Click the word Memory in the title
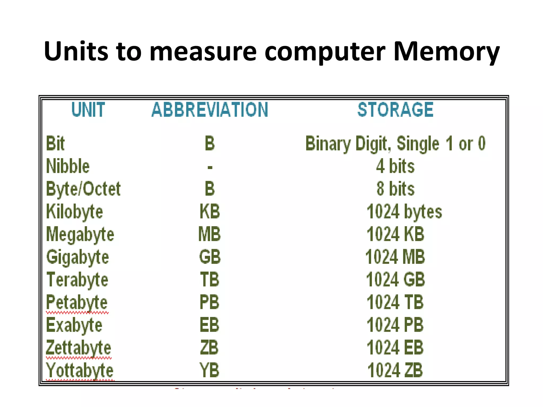click(446, 52)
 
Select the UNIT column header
click(88, 110)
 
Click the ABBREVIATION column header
click(210, 110)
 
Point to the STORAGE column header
click(395, 110)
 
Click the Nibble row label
click(68, 166)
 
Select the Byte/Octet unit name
click(83, 189)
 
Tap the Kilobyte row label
click(75, 212)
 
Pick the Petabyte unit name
click(77, 302)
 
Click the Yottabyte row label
click(80, 370)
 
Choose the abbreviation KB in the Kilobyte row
click(210, 212)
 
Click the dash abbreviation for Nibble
click(210, 167)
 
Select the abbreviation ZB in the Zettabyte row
click(209, 348)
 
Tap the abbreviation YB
click(209, 370)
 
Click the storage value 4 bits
click(395, 166)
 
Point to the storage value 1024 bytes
click(404, 212)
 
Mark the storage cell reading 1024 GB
click(395, 280)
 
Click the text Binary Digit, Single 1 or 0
click(395, 144)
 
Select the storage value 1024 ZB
click(395, 370)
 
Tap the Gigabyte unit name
click(78, 257)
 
